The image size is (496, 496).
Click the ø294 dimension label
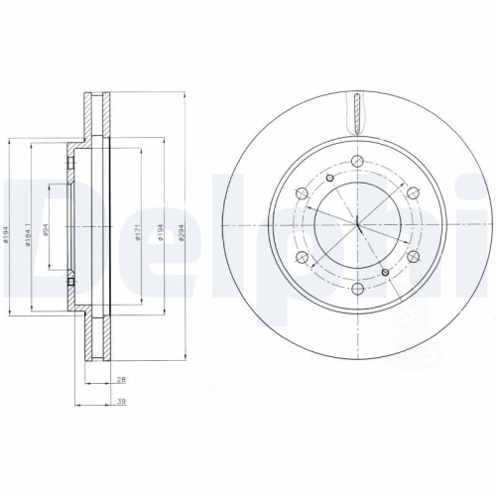pos(180,232)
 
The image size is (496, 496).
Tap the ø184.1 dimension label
pos(29,232)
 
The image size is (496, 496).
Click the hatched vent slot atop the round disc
pos(356,110)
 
